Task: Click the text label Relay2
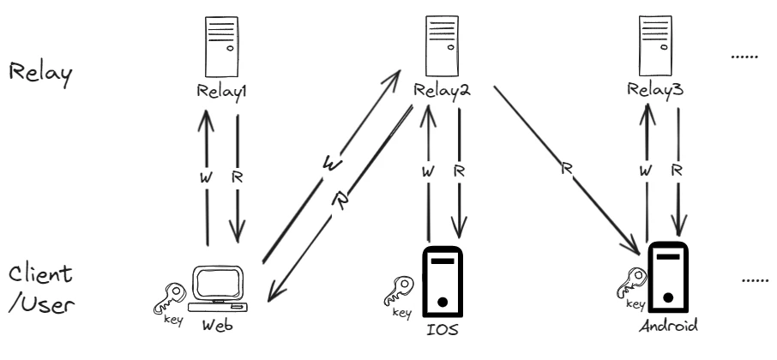(441, 90)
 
